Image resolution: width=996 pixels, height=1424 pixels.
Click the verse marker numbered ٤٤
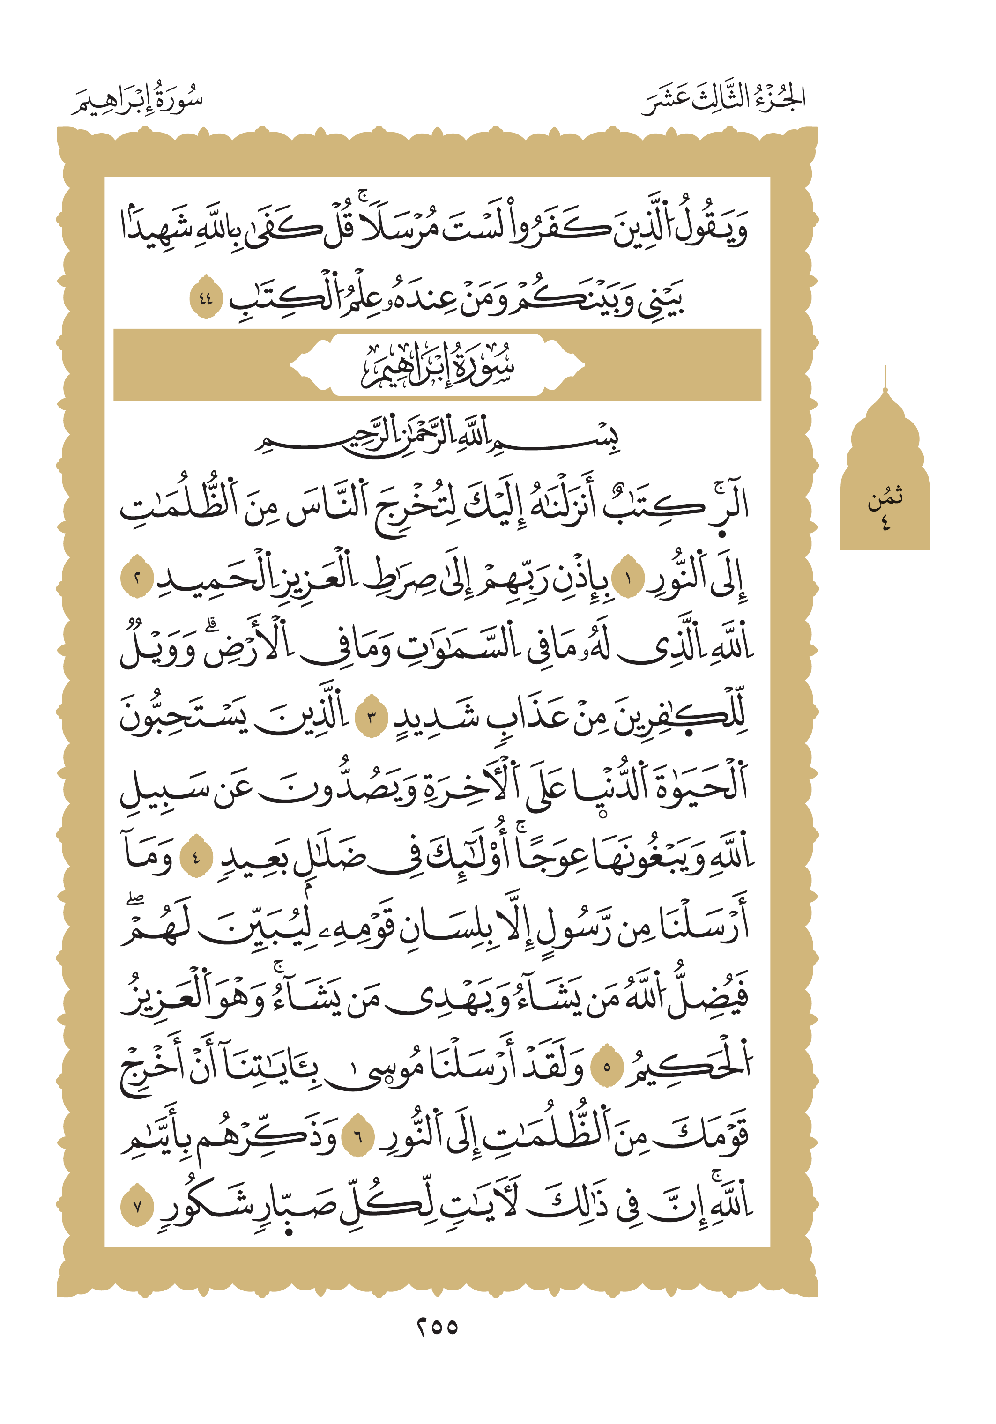click(x=205, y=298)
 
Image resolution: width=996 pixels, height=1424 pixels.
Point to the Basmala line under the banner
click(x=437, y=437)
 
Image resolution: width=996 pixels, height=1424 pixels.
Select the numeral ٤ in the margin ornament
click(x=885, y=523)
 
